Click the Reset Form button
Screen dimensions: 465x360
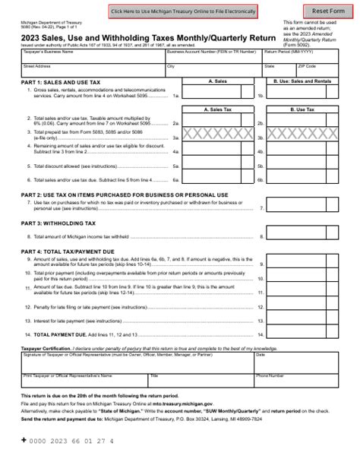point(329,11)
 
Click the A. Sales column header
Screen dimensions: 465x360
point(219,79)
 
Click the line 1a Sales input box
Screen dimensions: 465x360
point(219,96)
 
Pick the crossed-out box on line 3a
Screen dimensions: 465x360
point(219,138)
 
